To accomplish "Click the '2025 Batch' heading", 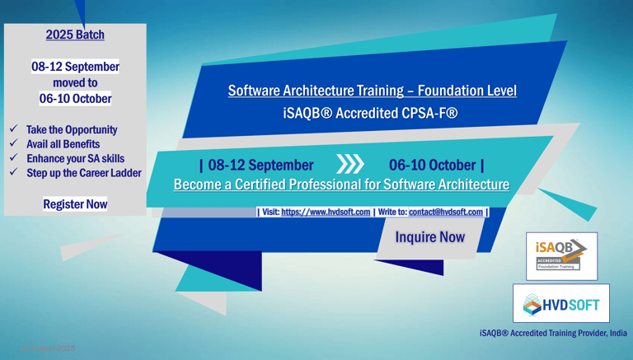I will [x=75, y=35].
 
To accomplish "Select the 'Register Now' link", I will [x=75, y=203].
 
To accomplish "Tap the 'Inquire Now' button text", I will [x=429, y=237].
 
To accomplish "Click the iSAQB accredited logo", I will [x=561, y=255].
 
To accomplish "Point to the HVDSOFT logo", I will [x=561, y=304].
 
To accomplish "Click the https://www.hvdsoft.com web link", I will [x=326, y=212].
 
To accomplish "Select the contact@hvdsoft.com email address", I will [x=445, y=212].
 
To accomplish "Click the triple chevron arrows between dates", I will [x=350, y=165].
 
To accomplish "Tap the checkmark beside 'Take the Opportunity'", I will [x=14, y=129].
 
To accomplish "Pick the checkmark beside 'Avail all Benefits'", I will [x=14, y=144].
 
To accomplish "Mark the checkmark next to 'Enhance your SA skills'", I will [x=14, y=158].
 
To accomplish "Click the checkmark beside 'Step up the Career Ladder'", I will [x=14, y=172].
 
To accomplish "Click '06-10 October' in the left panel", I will [x=75, y=98].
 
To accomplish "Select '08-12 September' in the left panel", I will [x=75, y=67].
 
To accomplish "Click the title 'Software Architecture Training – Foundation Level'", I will [x=373, y=91].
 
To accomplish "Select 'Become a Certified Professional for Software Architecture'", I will [x=341, y=185].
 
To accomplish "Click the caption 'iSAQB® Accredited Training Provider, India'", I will [x=553, y=333].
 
